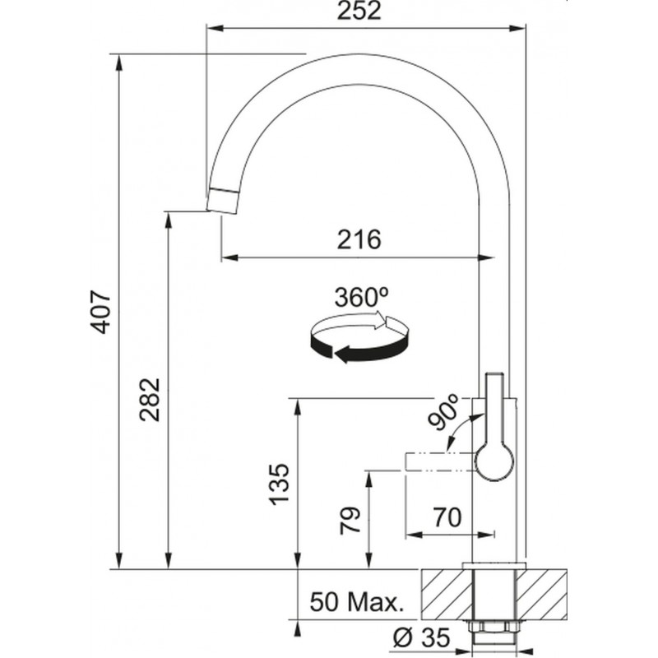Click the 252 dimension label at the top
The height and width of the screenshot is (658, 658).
(359, 11)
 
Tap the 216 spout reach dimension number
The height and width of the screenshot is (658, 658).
(359, 239)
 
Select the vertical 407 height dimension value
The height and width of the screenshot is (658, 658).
(100, 311)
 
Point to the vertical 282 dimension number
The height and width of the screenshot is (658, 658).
(150, 400)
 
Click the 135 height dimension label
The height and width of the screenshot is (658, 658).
(279, 484)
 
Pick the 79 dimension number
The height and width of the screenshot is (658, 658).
(350, 521)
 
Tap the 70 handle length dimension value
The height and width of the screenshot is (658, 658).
(447, 517)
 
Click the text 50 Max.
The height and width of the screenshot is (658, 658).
(357, 602)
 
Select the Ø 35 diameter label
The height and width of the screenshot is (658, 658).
(421, 637)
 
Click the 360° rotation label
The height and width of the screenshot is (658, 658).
(361, 297)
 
